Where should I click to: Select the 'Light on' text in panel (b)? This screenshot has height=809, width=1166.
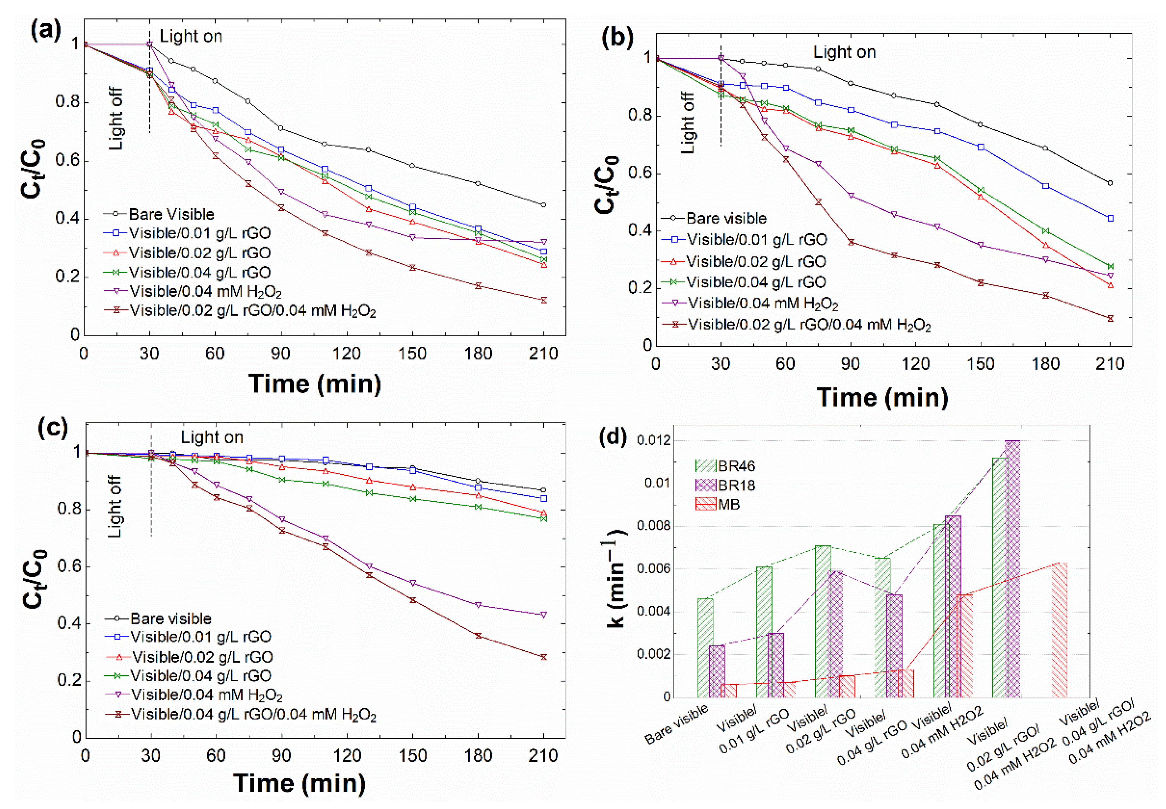pos(844,52)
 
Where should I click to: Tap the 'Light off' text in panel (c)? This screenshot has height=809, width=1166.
pos(115,506)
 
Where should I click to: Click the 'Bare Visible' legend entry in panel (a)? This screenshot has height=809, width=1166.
pos(171,215)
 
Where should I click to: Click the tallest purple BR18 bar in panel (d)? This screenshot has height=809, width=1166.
pos(1012,568)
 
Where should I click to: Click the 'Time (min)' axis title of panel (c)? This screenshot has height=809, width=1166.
pos(299,783)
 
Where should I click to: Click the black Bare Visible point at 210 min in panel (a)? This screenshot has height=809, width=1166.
pos(543,205)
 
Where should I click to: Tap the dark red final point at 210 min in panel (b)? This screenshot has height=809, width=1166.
pos(1110,318)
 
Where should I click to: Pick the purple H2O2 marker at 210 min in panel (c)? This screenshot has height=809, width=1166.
pos(544,614)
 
